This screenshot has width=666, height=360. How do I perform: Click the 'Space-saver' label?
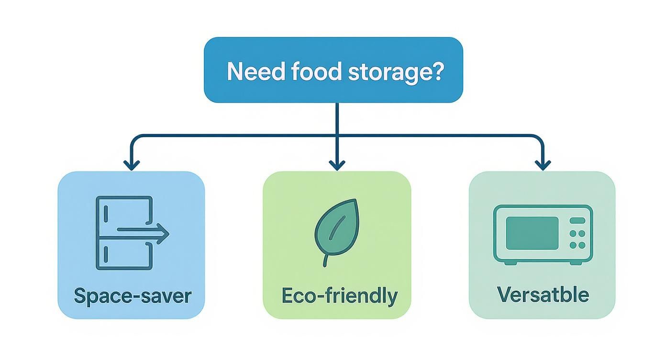click(x=133, y=295)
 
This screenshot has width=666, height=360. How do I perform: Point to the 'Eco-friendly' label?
click(x=339, y=296)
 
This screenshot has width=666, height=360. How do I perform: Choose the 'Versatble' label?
click(x=543, y=294)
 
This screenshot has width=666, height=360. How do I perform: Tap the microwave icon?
click(x=543, y=235)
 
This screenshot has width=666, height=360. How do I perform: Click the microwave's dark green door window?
click(x=532, y=233)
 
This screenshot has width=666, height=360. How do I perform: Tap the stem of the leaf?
click(x=326, y=260)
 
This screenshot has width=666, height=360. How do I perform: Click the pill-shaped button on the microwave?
click(x=577, y=221)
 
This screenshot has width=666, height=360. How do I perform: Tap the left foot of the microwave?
click(x=508, y=263)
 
